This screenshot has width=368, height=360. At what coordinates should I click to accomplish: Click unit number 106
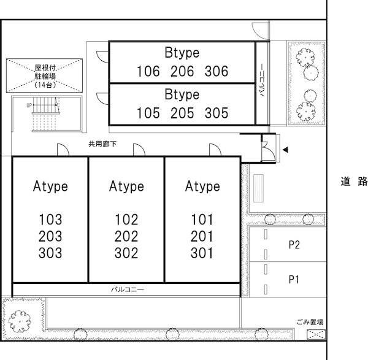(148, 71)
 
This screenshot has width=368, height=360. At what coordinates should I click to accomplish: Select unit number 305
(216, 113)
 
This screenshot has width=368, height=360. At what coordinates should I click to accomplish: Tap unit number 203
(50, 236)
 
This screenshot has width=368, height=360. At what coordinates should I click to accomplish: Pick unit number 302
(126, 253)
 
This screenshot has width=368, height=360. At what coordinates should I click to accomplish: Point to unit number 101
(202, 220)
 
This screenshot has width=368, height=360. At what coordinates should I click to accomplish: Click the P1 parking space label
(294, 280)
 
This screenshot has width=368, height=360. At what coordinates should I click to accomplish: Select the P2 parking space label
(294, 245)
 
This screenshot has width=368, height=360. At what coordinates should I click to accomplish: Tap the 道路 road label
(354, 182)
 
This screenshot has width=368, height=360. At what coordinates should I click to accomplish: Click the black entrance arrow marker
(285, 150)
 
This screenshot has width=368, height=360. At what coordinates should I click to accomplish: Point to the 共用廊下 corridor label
(102, 144)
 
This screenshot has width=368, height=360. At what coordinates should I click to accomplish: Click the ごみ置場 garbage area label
(310, 322)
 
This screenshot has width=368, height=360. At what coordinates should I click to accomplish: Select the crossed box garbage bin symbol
(316, 334)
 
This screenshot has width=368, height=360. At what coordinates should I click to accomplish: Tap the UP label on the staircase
(29, 105)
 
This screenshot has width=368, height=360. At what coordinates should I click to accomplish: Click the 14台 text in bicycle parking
(45, 85)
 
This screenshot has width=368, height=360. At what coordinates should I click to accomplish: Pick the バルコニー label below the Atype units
(128, 289)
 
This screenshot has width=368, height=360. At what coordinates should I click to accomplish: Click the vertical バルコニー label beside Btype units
(263, 80)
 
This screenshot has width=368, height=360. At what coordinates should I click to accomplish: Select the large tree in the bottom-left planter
(20, 321)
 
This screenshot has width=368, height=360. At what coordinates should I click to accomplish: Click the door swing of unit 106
(102, 56)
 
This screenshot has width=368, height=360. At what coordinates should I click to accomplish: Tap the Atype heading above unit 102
(126, 186)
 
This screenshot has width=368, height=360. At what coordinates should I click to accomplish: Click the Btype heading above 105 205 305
(182, 94)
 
